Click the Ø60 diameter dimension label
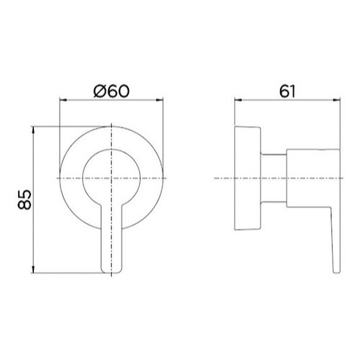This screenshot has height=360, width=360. coord(112,91)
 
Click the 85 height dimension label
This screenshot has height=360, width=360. coord(24,199)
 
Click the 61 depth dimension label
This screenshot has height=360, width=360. coord(287,91)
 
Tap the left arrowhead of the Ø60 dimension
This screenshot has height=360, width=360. coord(63,100)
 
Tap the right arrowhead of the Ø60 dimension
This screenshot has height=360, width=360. coord(160,100)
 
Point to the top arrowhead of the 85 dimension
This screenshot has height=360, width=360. coord(33,130)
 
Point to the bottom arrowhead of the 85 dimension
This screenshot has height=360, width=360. coord(33,270)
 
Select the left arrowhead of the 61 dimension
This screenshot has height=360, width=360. coord(238,100)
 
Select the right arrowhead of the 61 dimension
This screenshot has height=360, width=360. coord(337,100)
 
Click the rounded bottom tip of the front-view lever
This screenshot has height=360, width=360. coord(112,272)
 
